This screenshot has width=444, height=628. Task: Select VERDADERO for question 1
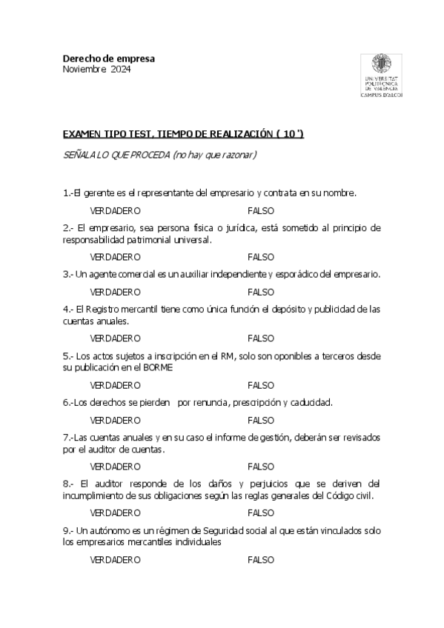[115, 211]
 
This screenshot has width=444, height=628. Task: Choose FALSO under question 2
[260, 257]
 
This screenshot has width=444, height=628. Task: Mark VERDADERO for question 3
[115, 292]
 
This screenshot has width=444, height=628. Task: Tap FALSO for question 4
[260, 338]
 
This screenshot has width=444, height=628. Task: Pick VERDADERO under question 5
[115, 385]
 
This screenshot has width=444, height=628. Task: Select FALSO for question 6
[260, 420]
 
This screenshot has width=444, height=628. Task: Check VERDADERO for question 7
[115, 467]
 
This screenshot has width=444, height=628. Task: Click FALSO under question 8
[260, 512]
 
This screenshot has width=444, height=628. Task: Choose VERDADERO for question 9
[115, 560]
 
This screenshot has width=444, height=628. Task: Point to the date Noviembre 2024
[96, 70]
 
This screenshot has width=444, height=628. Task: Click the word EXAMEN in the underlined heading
[84, 133]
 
